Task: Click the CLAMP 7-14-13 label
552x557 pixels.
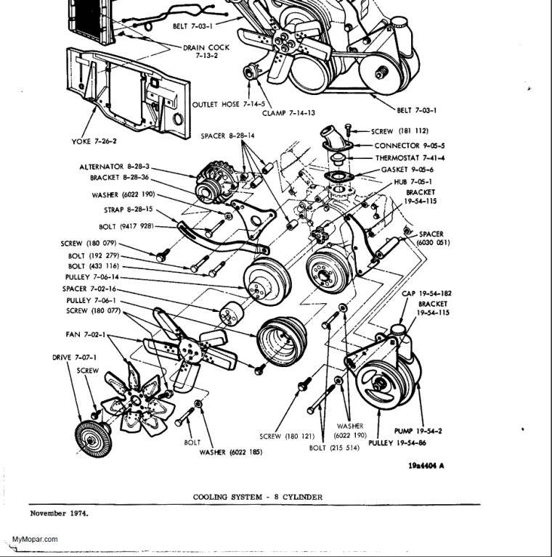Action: (x=288, y=113)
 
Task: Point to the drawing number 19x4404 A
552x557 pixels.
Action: (x=426, y=466)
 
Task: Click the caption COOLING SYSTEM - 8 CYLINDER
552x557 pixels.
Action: (x=257, y=497)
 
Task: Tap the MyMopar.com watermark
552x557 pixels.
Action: (x=36, y=540)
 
